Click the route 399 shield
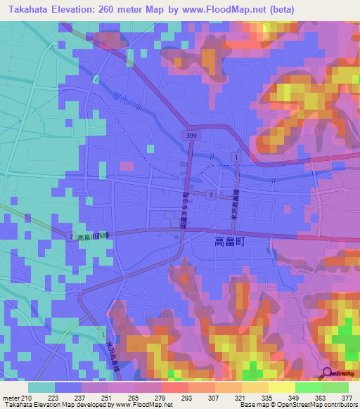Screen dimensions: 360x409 pos(190,134)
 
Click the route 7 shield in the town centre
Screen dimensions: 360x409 pos(210,194)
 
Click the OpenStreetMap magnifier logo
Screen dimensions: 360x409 pos(328,373)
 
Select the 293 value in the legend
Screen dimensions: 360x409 pos(188,398)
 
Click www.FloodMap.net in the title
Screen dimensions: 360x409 pos(226,9)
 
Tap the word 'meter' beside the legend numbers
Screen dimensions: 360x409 pos(11,398)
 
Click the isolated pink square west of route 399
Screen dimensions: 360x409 pos(127,166)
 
